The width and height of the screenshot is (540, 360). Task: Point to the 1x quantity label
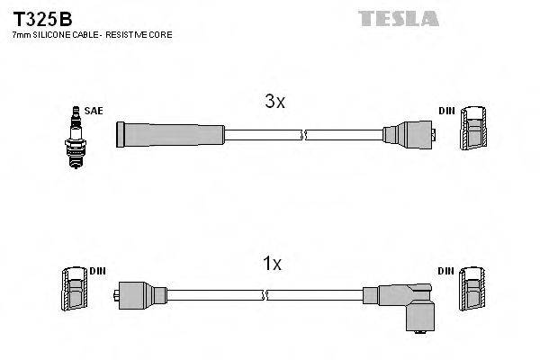272,264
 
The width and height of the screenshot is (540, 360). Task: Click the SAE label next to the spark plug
95,111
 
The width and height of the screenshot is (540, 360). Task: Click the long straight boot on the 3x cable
170,136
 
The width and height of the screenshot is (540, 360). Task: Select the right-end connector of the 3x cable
409,136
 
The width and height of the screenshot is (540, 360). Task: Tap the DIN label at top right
446,111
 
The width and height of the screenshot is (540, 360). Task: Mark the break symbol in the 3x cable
306,136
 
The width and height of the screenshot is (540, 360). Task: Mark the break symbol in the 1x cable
265,293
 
